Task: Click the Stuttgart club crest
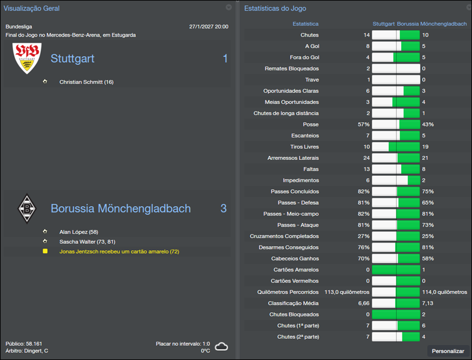27,58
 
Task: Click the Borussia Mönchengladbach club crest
27,208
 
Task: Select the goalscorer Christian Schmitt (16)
86,82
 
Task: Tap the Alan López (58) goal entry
78,233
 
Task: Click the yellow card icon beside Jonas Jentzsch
45,251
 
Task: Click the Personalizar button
448,351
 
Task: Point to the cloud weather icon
221,346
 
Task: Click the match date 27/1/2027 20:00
208,27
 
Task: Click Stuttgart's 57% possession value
363,125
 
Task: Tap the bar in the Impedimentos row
396,180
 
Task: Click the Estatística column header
306,24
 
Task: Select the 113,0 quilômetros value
347,292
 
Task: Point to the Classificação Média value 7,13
428,303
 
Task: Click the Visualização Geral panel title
31,8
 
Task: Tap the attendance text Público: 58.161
24,343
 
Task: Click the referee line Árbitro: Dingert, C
27,351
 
